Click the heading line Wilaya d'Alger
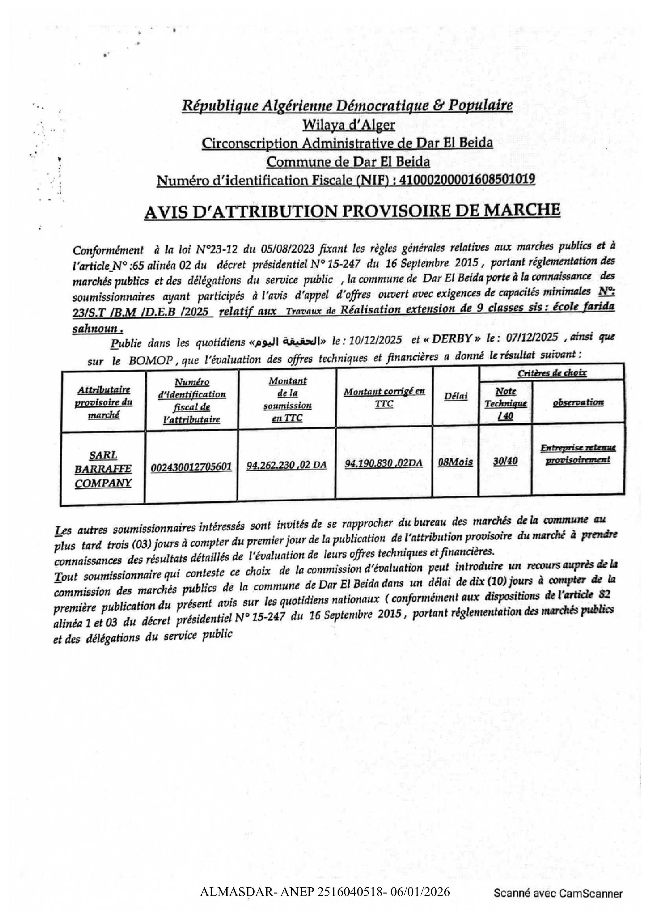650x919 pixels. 348,125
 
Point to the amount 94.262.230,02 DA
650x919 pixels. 287,465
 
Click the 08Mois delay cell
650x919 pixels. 455,462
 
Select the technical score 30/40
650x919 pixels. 505,461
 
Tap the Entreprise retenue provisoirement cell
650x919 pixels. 578,453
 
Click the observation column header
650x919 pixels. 578,402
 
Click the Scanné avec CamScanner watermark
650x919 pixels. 558,894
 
